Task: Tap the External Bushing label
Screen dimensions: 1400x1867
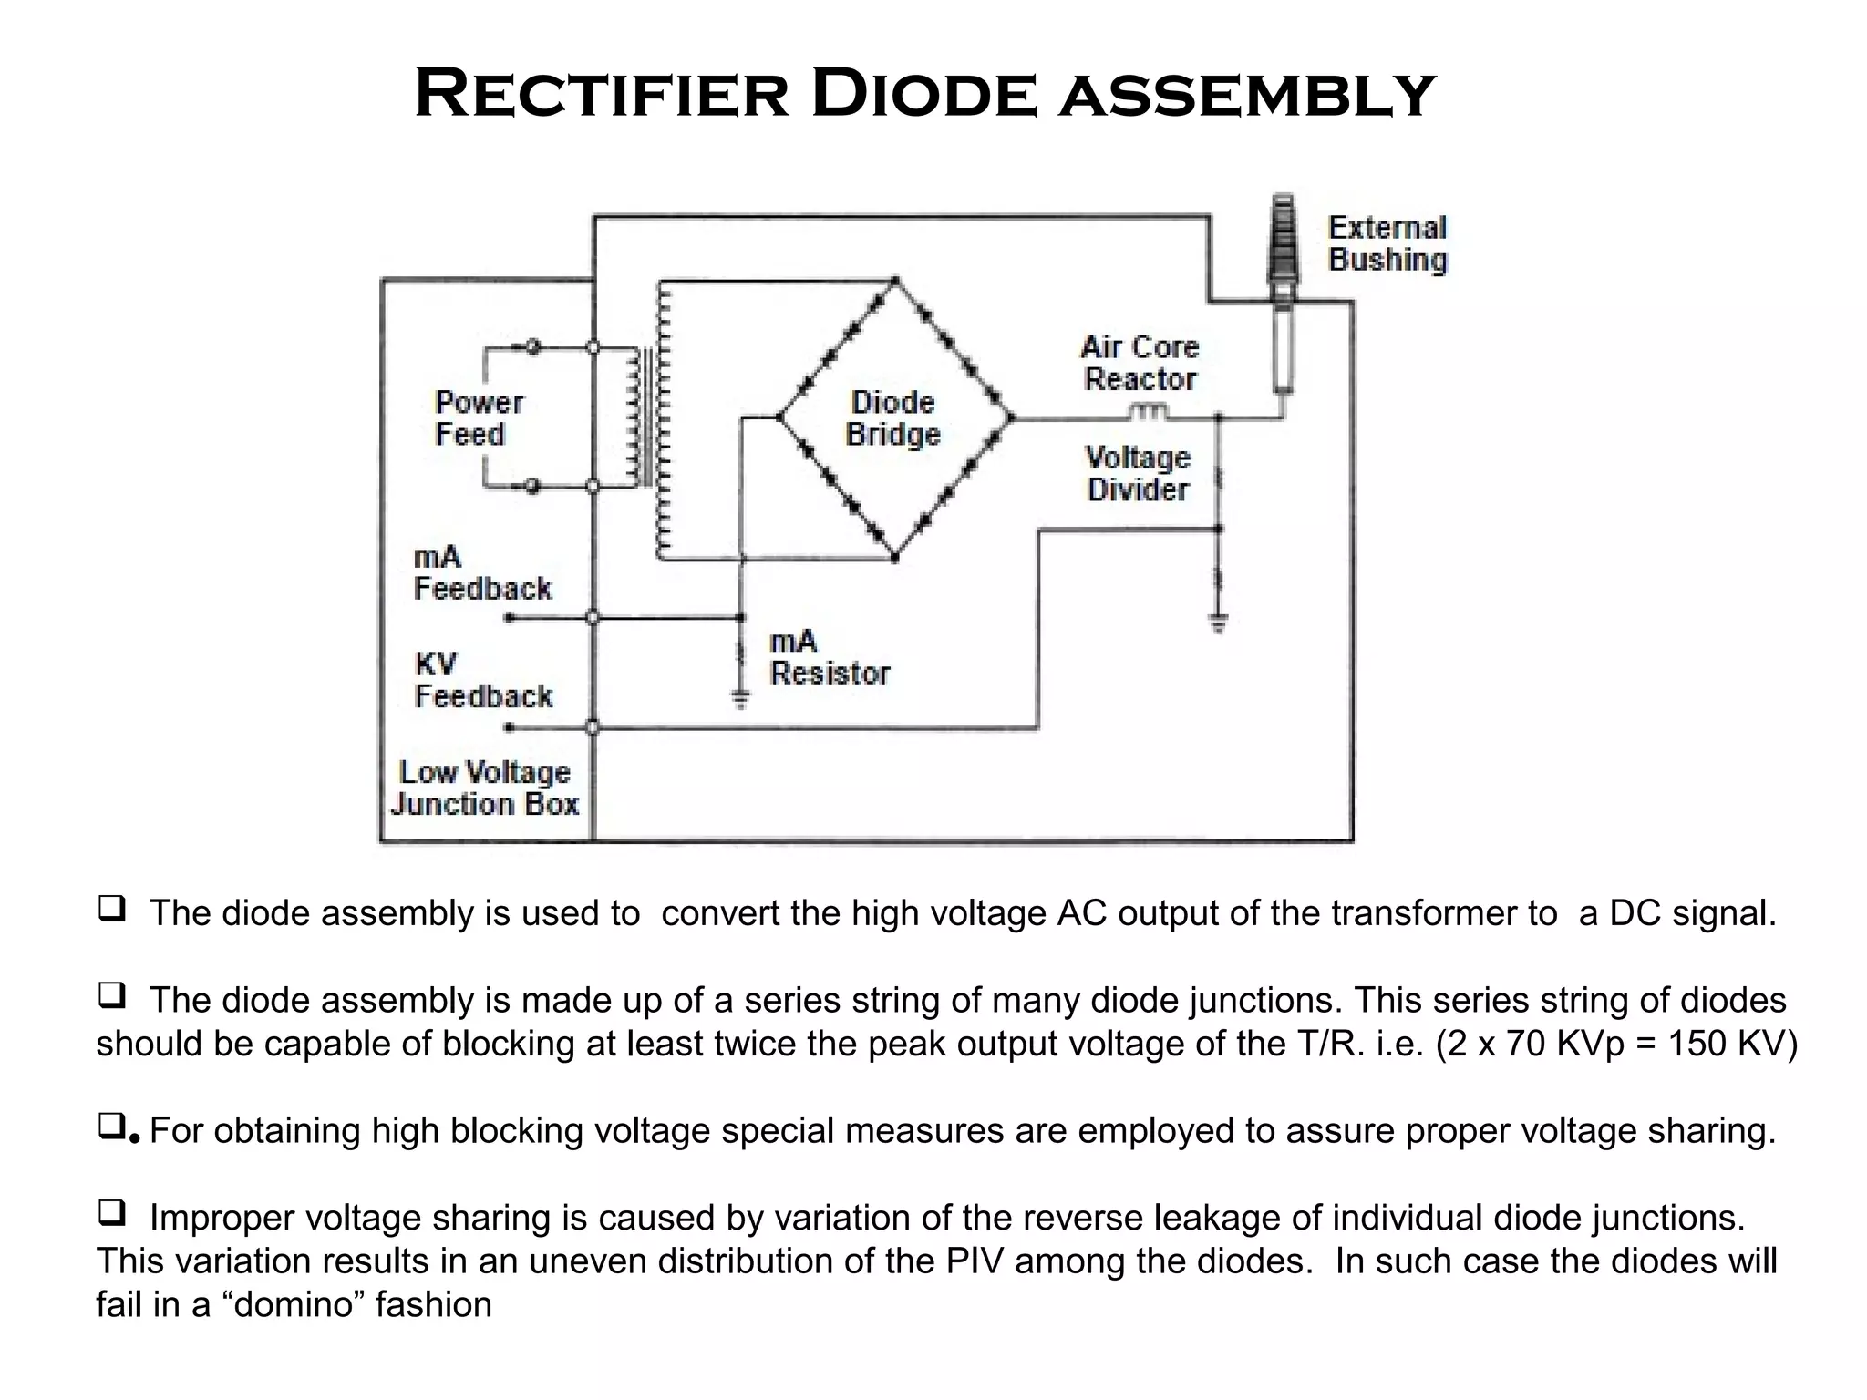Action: (1387, 243)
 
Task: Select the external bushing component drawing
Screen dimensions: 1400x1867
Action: (1283, 292)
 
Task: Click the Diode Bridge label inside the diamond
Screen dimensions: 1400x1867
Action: (892, 418)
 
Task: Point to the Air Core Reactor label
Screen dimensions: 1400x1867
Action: (1140, 363)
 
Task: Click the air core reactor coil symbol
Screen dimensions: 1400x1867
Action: (1149, 412)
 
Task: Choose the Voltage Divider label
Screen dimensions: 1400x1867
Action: (1138, 473)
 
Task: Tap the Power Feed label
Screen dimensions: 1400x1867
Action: (479, 418)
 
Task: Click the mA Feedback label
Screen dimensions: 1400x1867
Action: (481, 573)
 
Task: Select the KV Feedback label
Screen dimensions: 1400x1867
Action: (482, 680)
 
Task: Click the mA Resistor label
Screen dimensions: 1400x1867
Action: (829, 657)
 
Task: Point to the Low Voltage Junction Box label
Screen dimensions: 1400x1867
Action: (485, 788)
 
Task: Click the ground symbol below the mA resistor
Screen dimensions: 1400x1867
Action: (741, 700)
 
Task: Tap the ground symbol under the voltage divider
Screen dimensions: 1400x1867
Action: (1218, 623)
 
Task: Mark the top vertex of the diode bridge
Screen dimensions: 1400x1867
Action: (895, 281)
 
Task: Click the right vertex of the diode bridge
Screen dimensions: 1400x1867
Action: (1011, 418)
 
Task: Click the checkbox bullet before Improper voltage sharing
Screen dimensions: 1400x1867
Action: (110, 1213)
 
